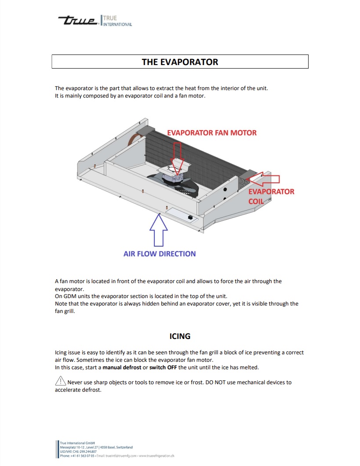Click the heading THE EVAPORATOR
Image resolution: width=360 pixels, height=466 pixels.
[x=180, y=62]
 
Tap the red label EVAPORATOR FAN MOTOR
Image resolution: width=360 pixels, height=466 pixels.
[x=212, y=132]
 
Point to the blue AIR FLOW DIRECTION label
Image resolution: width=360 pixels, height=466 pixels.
[x=160, y=254]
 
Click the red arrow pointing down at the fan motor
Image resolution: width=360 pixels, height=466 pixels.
[x=178, y=165]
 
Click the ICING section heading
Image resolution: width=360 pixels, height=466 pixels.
[x=180, y=336]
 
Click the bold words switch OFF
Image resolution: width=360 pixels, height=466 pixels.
[x=164, y=367]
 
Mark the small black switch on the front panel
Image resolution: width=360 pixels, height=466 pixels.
[x=190, y=217]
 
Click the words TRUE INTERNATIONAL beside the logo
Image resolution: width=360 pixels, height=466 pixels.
[x=117, y=21]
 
